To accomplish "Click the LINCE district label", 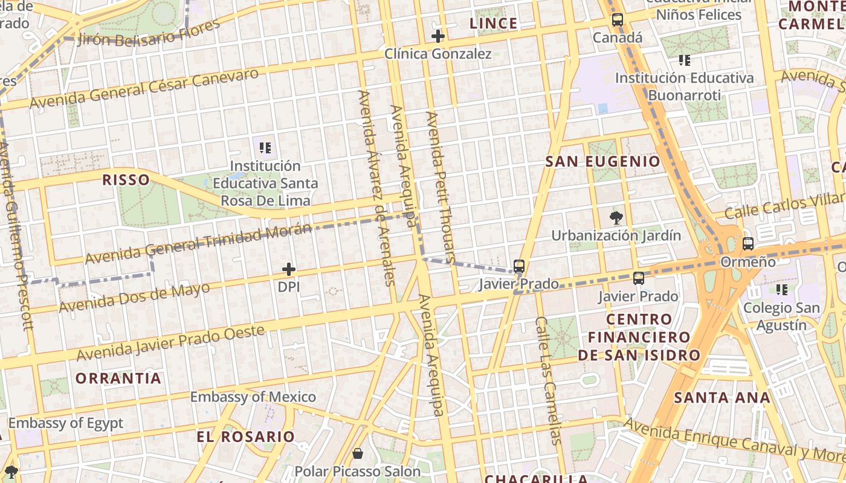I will pyautogui.click(x=494, y=24).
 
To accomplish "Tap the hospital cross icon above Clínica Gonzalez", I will pyautogui.click(x=438, y=36).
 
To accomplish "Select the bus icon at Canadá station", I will pyautogui.click(x=617, y=20).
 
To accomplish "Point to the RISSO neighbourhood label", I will pyautogui.click(x=126, y=179).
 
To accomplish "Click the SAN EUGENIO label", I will pyautogui.click(x=602, y=162).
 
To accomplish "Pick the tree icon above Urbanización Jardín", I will pyautogui.click(x=616, y=218).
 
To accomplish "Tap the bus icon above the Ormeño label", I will pyautogui.click(x=748, y=244).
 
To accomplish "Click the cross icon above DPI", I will pyautogui.click(x=289, y=269).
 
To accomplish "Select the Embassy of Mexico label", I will pyautogui.click(x=253, y=397).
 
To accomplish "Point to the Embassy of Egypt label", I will pyautogui.click(x=65, y=423).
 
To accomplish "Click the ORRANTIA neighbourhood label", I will pyautogui.click(x=118, y=379).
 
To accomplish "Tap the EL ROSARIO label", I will pyautogui.click(x=246, y=437).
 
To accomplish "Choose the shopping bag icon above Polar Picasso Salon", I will pyautogui.click(x=358, y=453).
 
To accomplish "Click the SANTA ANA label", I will pyautogui.click(x=722, y=397).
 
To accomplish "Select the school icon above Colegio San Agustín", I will pyautogui.click(x=782, y=290).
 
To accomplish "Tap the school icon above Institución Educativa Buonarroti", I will pyautogui.click(x=685, y=60).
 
